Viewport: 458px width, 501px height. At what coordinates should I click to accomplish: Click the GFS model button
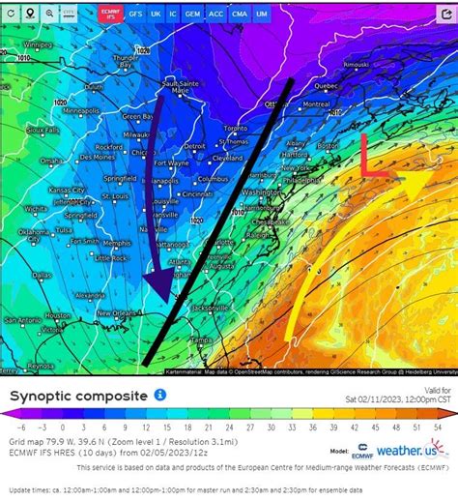(135, 15)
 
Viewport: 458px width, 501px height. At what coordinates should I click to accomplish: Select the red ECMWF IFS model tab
(109, 15)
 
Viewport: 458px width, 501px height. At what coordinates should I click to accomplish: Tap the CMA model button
(239, 15)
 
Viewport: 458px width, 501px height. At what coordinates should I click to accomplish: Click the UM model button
(261, 15)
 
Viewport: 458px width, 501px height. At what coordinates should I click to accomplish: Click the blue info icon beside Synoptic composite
(160, 395)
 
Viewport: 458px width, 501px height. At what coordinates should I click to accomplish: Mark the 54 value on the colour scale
(438, 426)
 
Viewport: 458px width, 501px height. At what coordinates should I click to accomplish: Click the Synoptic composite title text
(78, 396)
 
